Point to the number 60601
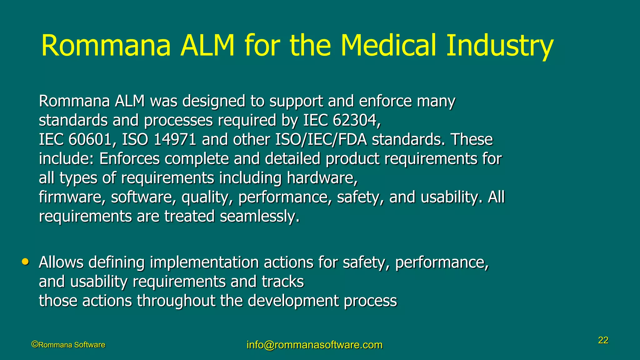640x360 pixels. (x=90, y=139)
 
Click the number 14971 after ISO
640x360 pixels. (x=175, y=139)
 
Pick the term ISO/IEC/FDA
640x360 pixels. (x=321, y=139)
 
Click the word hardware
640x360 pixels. (x=322, y=178)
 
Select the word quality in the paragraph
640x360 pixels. (x=207, y=197)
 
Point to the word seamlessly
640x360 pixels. (x=259, y=216)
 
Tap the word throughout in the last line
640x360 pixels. (x=176, y=301)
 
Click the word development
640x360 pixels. (x=293, y=301)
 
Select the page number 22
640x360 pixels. (x=603, y=340)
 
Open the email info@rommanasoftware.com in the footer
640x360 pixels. (x=314, y=345)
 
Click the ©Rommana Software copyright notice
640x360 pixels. (x=68, y=345)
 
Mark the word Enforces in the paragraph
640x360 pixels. (x=129, y=159)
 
